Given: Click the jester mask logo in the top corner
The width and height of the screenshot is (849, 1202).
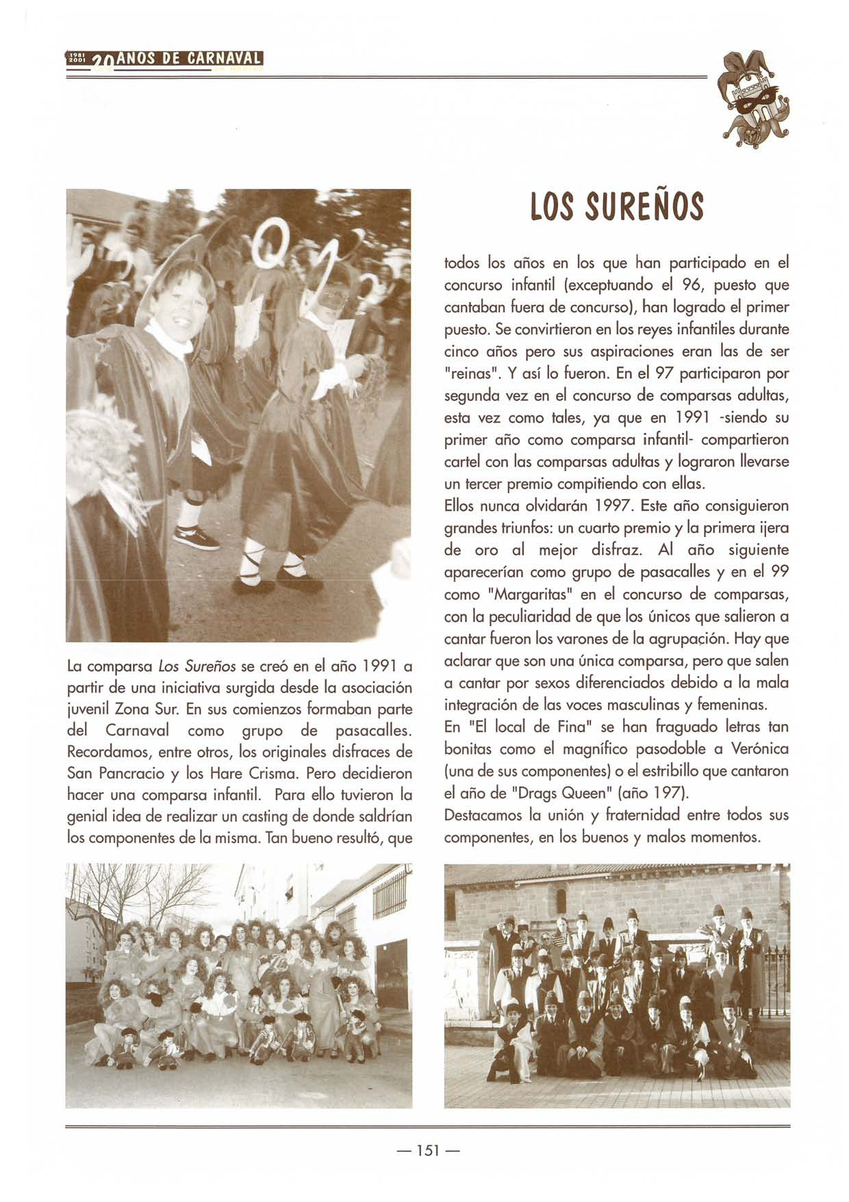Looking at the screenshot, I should click(752, 100).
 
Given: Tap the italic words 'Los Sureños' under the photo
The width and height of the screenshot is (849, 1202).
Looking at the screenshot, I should click(197, 665).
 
